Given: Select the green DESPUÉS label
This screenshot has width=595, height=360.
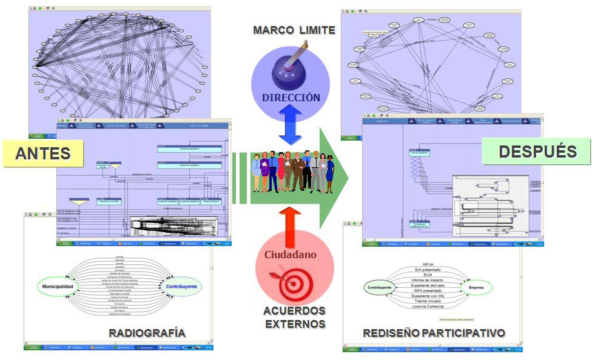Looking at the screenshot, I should [x=536, y=151].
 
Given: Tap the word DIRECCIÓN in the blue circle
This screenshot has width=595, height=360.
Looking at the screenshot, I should [x=291, y=96].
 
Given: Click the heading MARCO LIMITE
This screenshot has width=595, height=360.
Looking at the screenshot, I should [x=294, y=30].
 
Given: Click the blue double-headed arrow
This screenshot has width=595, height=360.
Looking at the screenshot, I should [x=291, y=124].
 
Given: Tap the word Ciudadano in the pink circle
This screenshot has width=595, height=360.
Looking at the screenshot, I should [x=290, y=255].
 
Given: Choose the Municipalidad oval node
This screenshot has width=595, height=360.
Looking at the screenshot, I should [x=61, y=285].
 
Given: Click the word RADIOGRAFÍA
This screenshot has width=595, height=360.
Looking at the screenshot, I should [x=147, y=333].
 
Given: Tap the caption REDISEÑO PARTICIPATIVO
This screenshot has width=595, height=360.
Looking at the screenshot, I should [x=434, y=333].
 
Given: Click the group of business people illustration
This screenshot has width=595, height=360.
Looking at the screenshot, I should [x=292, y=172].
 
